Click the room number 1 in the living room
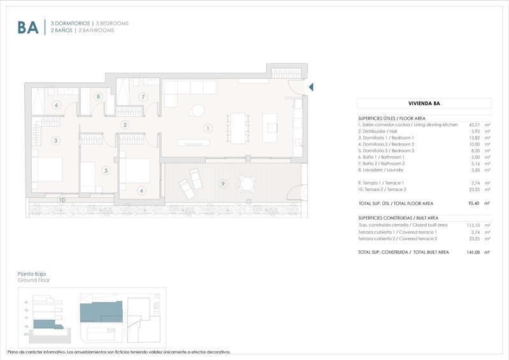(x=207, y=128)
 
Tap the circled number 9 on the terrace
(x=222, y=184)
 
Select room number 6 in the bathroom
(x=57, y=105)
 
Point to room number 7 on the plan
(x=143, y=97)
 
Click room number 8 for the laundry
(x=98, y=96)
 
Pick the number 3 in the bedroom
(x=55, y=140)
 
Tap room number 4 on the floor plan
(x=141, y=190)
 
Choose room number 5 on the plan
(x=106, y=170)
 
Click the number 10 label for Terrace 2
(x=62, y=200)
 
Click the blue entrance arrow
(x=311, y=87)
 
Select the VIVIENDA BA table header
(x=424, y=103)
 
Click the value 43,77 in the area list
(x=474, y=125)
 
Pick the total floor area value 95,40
(x=474, y=203)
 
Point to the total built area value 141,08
(x=473, y=252)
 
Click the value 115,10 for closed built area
(x=473, y=225)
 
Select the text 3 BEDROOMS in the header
(x=112, y=24)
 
